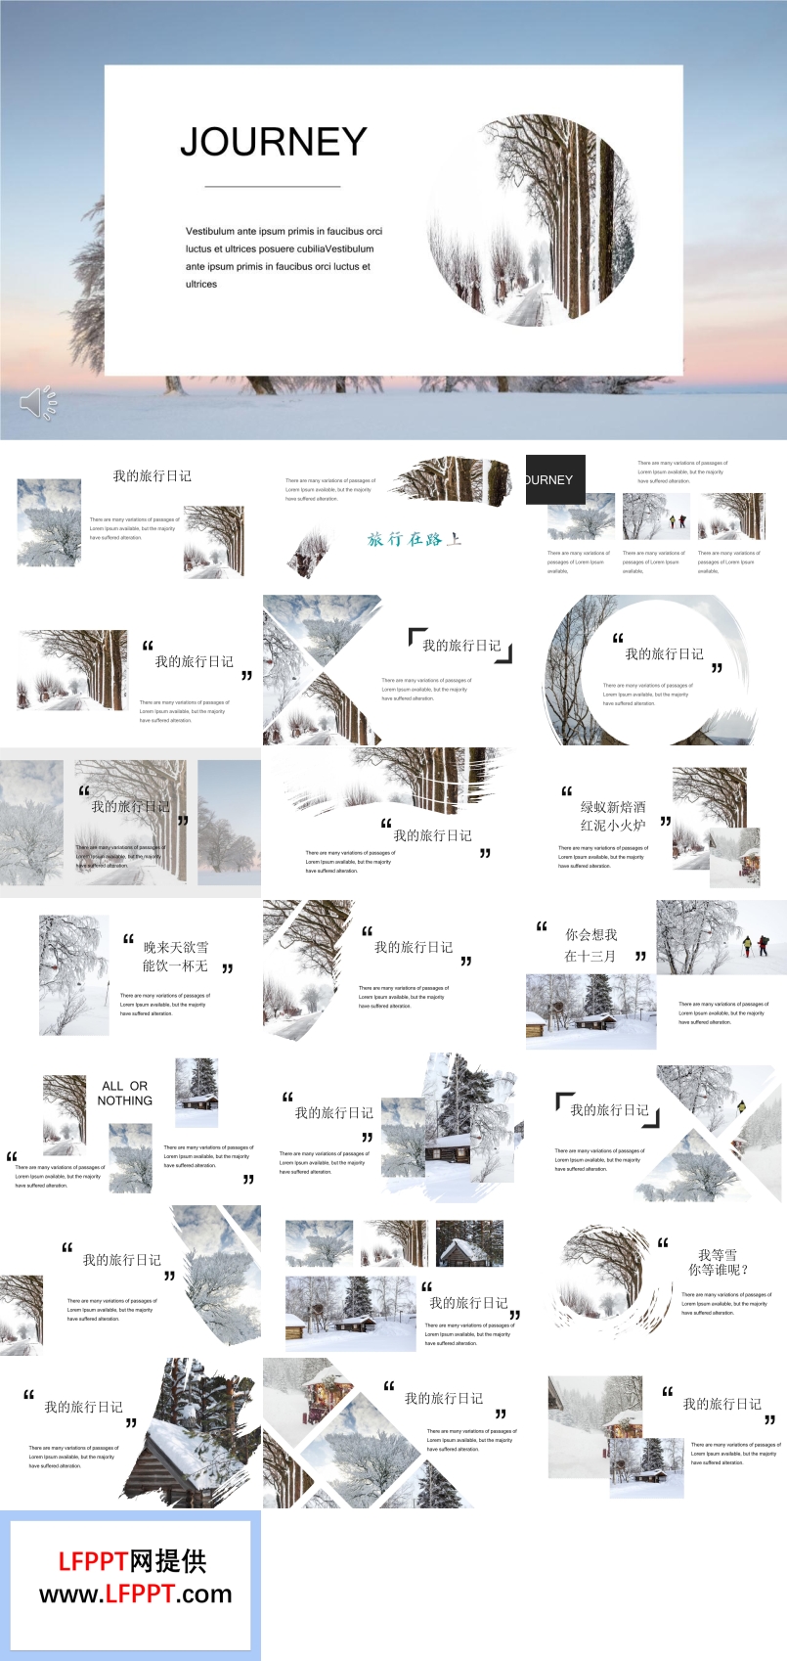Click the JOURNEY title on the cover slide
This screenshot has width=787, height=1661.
(x=274, y=142)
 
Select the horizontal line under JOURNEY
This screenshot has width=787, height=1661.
(x=273, y=186)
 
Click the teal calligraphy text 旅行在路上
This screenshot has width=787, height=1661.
(x=414, y=539)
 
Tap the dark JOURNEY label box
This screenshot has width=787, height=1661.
(x=555, y=479)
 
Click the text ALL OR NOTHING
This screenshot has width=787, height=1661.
(x=125, y=1093)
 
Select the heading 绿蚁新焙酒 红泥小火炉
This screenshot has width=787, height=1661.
(x=613, y=816)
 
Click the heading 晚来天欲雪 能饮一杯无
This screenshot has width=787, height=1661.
(x=176, y=956)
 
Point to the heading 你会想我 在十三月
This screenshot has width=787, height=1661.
(x=590, y=945)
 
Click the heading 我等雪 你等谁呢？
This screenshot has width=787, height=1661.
(x=719, y=1262)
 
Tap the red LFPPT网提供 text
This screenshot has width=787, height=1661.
(x=132, y=1561)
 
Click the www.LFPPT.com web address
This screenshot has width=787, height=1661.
(x=136, y=1594)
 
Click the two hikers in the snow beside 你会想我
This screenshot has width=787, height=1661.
(x=754, y=944)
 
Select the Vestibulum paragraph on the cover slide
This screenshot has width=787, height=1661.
(x=284, y=257)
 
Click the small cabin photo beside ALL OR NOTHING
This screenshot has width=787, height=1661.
(x=197, y=1092)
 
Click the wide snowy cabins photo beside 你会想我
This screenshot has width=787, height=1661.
(x=590, y=1012)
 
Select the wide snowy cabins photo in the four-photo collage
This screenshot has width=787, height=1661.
(x=350, y=1314)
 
